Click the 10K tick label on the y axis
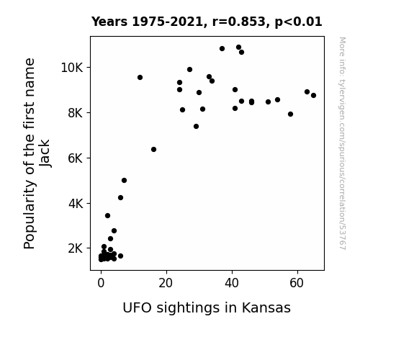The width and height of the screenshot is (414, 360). pyautogui.click(x=72, y=68)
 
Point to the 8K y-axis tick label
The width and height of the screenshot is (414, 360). pyautogui.click(x=76, y=113)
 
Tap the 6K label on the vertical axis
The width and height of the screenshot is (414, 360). pyautogui.click(x=76, y=158)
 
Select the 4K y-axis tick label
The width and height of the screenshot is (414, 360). pyautogui.click(x=76, y=204)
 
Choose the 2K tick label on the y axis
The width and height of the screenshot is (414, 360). pyautogui.click(x=76, y=248)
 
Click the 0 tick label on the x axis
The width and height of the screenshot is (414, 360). pyautogui.click(x=101, y=283)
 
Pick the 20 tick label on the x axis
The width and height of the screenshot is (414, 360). pyautogui.click(x=166, y=283)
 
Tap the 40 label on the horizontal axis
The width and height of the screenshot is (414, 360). pyautogui.click(x=232, y=283)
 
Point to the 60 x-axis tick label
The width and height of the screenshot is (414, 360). pyautogui.click(x=297, y=283)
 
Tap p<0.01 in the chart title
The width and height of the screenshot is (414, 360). pyautogui.click(x=298, y=22)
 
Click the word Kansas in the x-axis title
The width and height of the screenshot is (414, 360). pyautogui.click(x=266, y=308)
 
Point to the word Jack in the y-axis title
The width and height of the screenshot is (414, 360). pyautogui.click(x=45, y=153)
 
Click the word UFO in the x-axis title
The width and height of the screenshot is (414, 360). pyautogui.click(x=138, y=308)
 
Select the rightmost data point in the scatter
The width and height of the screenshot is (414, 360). pyautogui.click(x=313, y=95)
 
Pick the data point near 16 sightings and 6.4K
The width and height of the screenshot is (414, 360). pyautogui.click(x=153, y=150)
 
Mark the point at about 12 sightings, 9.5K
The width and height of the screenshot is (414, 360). pyautogui.click(x=140, y=77)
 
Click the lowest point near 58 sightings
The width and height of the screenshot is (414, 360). pyautogui.click(x=290, y=114)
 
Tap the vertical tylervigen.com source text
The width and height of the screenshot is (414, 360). pyautogui.click(x=342, y=143)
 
